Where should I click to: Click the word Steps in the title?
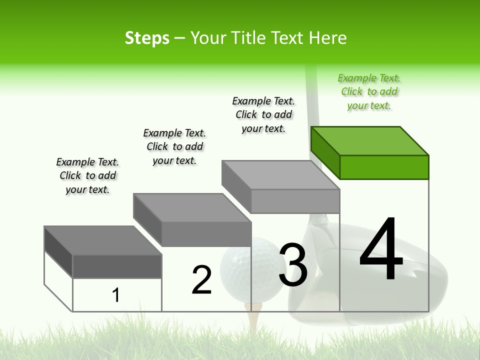click(147, 38)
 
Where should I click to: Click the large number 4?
click(381, 250)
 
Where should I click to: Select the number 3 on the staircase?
click(293, 265)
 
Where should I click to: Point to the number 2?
click(201, 280)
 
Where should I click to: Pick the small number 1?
click(116, 295)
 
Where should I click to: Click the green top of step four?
click(370, 140)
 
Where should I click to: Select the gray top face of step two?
click(192, 207)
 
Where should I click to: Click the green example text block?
click(369, 92)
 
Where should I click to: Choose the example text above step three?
click(264, 114)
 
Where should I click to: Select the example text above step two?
click(174, 146)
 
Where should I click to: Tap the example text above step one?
click(87, 175)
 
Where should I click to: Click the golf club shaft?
click(313, 100)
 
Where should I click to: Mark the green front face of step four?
click(384, 167)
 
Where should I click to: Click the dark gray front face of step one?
click(117, 266)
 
